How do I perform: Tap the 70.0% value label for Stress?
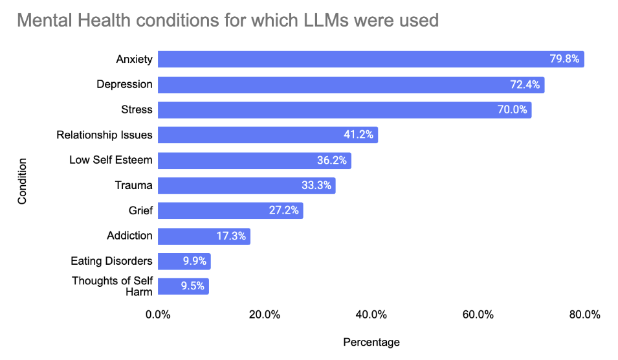pos(513,110)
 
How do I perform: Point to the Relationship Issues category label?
pos(104,135)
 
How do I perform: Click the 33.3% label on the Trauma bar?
pos(316,186)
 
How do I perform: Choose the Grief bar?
pos(230,211)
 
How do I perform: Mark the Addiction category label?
pos(129,236)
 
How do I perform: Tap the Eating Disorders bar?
pos(184,262)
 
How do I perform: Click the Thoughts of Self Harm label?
pos(112,286)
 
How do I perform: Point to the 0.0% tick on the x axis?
pos(158,315)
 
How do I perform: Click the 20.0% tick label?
pos(265,315)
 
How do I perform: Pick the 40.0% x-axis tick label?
pos(371,315)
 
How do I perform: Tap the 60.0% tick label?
pos(478,315)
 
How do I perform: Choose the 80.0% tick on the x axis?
pos(584,315)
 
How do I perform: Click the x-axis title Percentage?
pos(371,343)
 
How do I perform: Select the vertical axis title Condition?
pos(23,181)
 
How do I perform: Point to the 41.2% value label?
pos(359,135)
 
